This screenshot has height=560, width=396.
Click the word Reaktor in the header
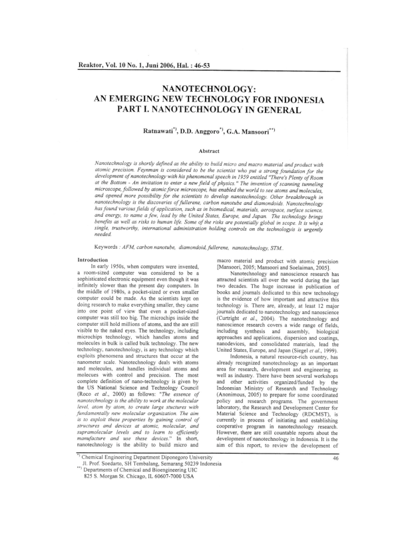pyautogui.click(x=93, y=65)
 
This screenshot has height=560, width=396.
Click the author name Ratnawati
pyautogui.click(x=159, y=132)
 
